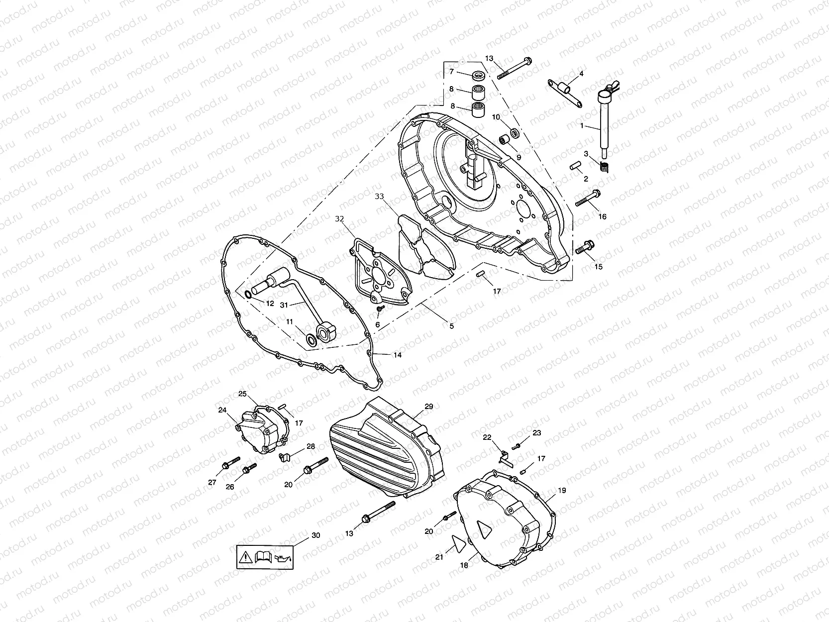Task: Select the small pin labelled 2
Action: (x=575, y=166)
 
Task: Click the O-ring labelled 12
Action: (x=247, y=295)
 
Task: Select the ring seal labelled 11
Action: (x=312, y=340)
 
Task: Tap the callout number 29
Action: (x=428, y=407)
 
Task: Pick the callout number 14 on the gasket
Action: (x=397, y=355)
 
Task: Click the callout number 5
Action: (x=451, y=326)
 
